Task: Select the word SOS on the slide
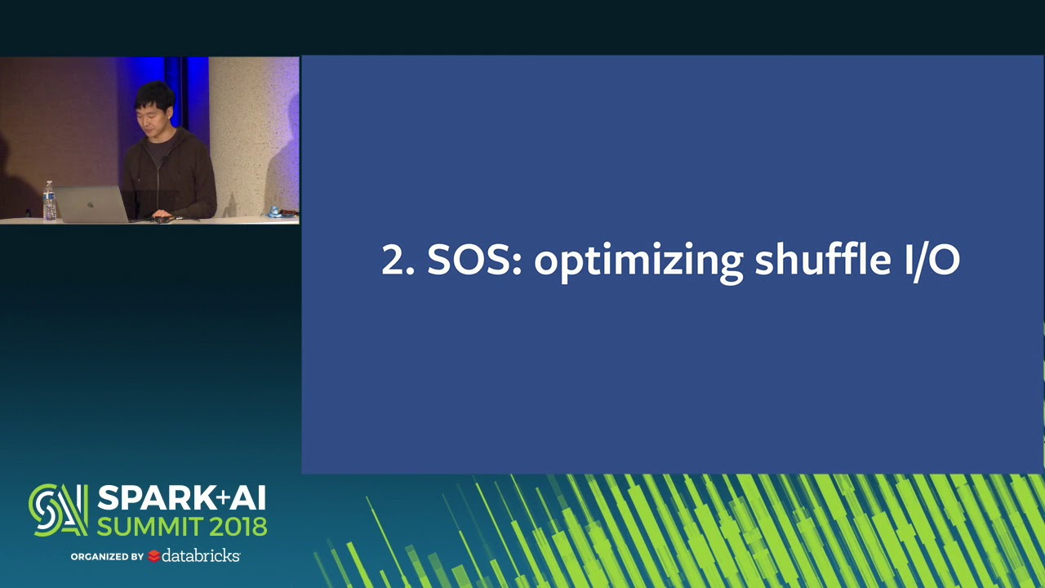(x=474, y=261)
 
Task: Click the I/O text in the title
(x=931, y=261)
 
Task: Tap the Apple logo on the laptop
(x=90, y=201)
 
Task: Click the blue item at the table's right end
(x=275, y=212)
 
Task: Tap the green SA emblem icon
(x=57, y=510)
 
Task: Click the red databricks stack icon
(x=153, y=556)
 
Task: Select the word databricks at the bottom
(x=200, y=555)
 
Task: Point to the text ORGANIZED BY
(x=106, y=557)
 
